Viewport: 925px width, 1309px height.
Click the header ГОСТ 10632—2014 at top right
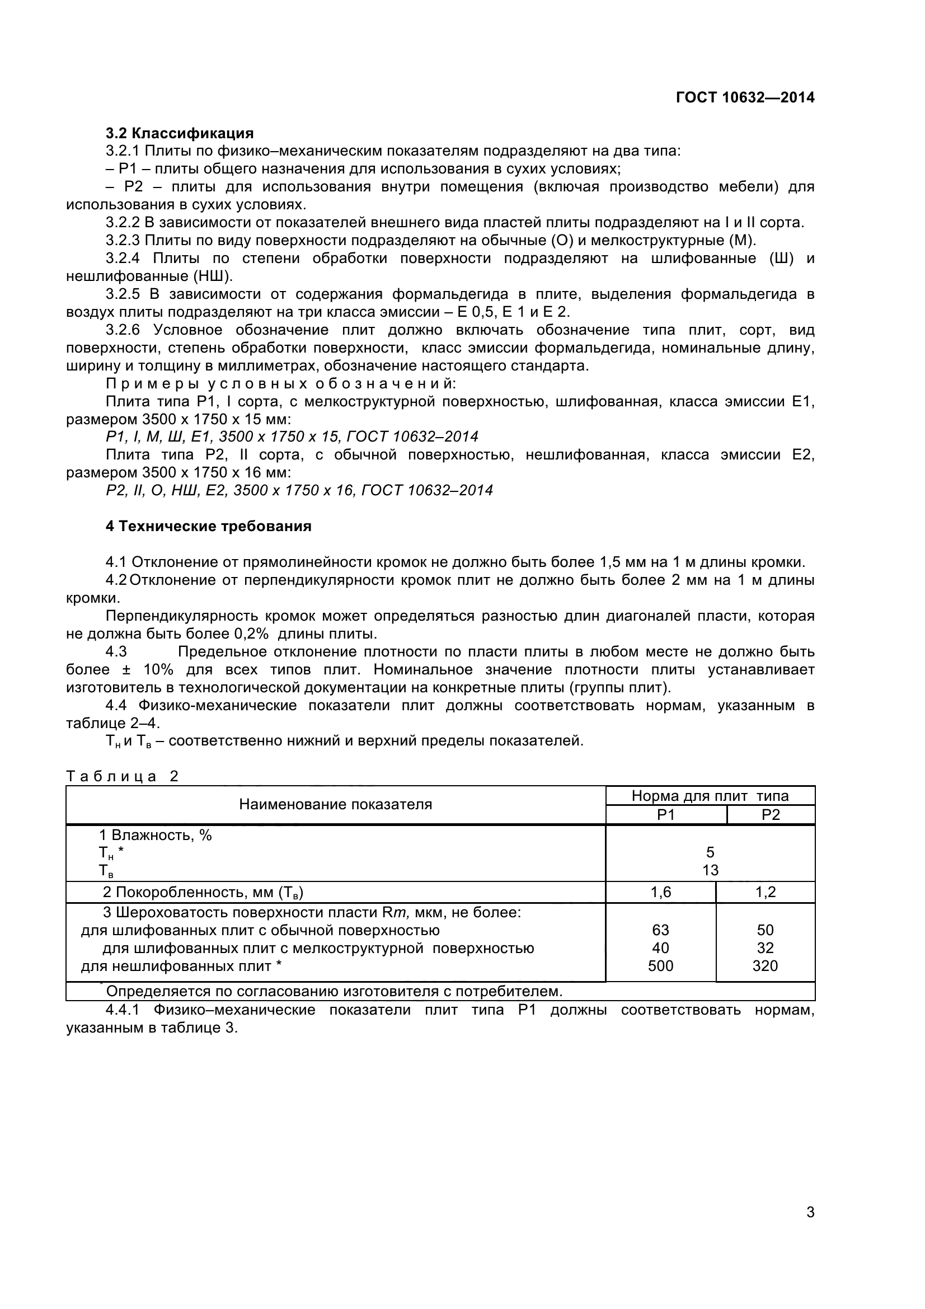pyautogui.click(x=745, y=97)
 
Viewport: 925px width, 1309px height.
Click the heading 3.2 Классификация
pyautogui.click(x=180, y=133)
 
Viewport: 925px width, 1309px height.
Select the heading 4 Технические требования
pyautogui.click(x=208, y=526)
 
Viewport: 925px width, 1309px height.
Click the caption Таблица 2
pyautogui.click(x=123, y=776)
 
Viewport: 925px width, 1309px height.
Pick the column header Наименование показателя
pyautogui.click(x=335, y=804)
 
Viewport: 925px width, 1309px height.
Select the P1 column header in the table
pyautogui.click(x=666, y=815)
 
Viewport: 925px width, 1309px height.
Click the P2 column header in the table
pyautogui.click(x=771, y=815)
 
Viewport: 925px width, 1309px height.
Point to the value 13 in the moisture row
pyautogui.click(x=710, y=871)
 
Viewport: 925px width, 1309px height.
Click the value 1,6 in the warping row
pyautogui.click(x=660, y=892)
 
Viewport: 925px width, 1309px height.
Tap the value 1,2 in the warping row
pyautogui.click(x=766, y=892)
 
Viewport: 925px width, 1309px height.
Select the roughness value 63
pyautogui.click(x=660, y=930)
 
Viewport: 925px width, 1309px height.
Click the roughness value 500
pyautogui.click(x=660, y=966)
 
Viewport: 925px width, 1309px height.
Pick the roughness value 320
pyautogui.click(x=765, y=966)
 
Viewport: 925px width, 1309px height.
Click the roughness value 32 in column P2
pyautogui.click(x=765, y=948)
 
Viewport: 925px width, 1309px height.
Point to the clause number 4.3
pyautogui.click(x=116, y=651)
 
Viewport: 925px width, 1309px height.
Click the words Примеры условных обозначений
pyautogui.click(x=280, y=384)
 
